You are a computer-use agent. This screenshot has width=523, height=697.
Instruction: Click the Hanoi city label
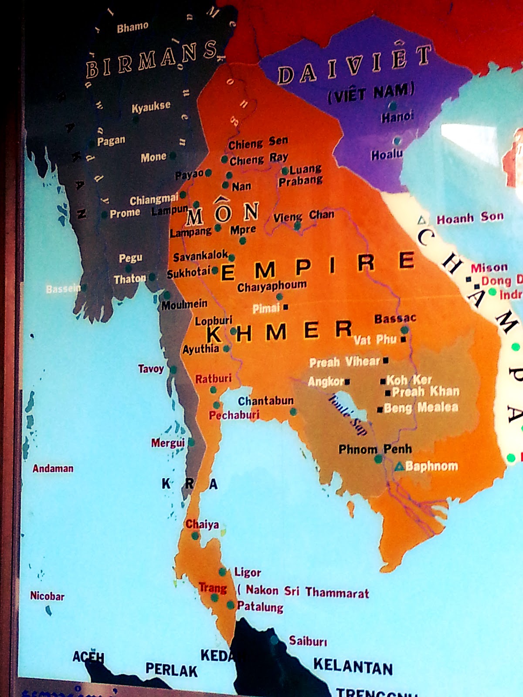397,117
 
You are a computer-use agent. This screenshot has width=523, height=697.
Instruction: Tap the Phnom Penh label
375,449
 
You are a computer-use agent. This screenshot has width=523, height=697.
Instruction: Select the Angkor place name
326,382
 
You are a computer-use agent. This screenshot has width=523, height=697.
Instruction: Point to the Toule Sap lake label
347,414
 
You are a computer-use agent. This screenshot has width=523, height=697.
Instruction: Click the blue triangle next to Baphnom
399,467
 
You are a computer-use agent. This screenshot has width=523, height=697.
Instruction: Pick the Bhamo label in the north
132,27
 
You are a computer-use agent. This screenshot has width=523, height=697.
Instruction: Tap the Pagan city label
111,141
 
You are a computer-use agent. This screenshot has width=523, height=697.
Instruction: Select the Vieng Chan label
304,216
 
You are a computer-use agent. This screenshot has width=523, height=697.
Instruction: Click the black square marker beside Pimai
286,307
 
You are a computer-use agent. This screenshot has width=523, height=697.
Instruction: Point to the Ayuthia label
200,349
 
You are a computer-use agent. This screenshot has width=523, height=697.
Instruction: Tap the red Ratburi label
213,379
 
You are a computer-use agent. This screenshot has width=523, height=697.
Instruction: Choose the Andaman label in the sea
53,469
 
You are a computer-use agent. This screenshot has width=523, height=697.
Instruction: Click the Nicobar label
47,595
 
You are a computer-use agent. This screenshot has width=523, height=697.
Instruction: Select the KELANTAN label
353,666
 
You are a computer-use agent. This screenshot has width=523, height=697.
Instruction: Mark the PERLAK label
171,670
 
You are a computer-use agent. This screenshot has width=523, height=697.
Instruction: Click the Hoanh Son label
470,217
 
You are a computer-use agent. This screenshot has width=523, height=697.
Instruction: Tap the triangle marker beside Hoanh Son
421,220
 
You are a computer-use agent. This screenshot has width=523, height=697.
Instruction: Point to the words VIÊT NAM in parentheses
371,93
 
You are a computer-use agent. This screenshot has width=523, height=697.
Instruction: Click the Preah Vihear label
344,362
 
